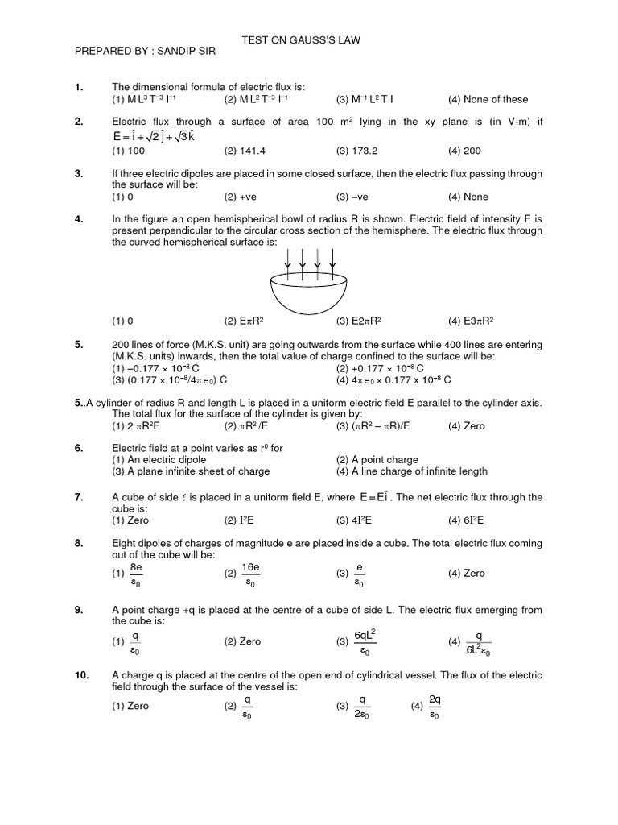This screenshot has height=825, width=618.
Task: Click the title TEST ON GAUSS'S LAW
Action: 308,39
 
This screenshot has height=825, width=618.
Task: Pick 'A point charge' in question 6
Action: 378,460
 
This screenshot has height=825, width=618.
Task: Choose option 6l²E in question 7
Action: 476,520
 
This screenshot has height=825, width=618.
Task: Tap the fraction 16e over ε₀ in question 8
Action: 249,574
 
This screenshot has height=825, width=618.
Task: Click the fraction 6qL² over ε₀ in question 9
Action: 365,641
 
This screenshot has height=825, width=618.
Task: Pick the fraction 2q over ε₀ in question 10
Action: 435,706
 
